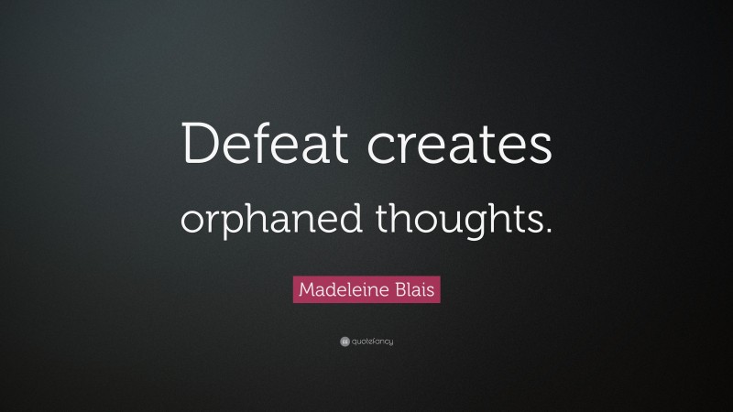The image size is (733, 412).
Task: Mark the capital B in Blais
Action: coord(400,290)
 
